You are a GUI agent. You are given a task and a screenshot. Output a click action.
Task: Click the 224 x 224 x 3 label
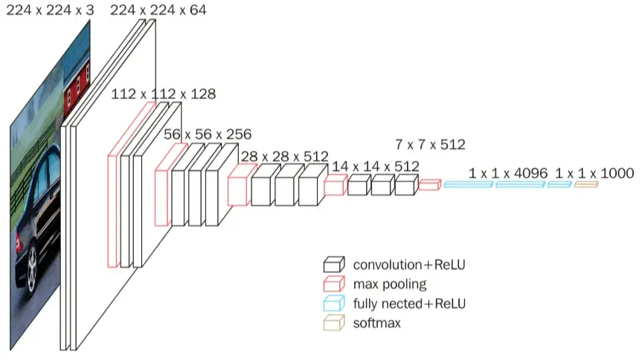(50, 10)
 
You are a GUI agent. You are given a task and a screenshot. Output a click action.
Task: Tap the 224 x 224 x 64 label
(158, 10)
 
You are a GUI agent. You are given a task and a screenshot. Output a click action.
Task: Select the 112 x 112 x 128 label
(164, 94)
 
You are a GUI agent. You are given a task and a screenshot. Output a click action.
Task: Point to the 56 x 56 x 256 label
(208, 135)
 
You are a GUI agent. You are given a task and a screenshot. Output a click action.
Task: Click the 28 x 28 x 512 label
(285, 156)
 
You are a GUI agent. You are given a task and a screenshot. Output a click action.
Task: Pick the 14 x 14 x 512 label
(376, 167)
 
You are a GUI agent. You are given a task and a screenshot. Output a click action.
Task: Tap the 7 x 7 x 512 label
(430, 144)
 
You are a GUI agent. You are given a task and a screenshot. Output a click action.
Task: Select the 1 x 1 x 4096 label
(507, 173)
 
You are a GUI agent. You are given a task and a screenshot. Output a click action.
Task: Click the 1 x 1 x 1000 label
(594, 173)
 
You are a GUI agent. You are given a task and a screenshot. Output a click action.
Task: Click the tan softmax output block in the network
(586, 184)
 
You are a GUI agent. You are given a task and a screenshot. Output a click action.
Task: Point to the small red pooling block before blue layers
(429, 184)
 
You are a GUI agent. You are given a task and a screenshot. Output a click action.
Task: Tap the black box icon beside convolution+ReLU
(334, 265)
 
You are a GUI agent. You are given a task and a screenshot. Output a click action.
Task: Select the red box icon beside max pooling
(334, 284)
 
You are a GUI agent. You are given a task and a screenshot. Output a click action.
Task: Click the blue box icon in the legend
(334, 303)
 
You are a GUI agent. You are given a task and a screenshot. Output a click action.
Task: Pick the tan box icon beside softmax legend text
(334, 323)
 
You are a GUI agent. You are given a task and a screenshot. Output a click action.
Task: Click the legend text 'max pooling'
(389, 284)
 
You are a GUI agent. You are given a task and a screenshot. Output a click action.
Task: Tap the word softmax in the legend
(376, 323)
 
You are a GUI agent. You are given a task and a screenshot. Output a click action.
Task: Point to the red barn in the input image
(77, 88)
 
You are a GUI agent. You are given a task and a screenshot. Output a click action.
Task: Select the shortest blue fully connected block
(559, 184)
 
